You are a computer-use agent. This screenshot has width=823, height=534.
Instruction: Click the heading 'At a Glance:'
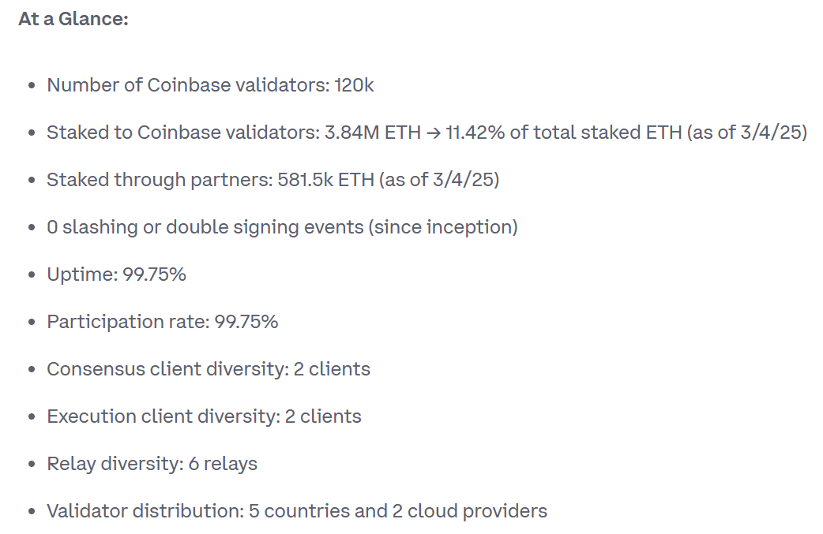tap(73, 19)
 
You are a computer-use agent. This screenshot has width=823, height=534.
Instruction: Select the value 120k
tap(354, 85)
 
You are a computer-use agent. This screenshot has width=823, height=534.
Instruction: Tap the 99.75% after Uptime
tap(154, 274)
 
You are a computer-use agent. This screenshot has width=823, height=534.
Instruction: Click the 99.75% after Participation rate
tap(246, 322)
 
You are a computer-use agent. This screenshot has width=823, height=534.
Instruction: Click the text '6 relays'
tap(223, 464)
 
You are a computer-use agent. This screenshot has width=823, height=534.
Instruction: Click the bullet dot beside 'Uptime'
tap(31, 275)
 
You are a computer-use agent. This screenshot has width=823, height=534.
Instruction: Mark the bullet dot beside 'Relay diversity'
tap(31, 465)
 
